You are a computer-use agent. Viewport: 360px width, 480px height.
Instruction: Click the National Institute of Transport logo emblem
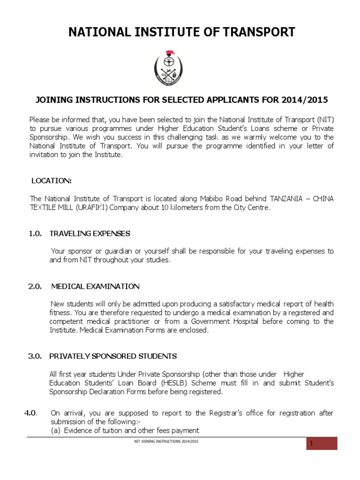pyautogui.click(x=167, y=67)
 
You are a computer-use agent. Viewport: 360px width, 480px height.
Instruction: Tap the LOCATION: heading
pyautogui.click(x=52, y=180)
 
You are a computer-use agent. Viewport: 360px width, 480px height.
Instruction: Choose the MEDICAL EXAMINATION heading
pyautogui.click(x=95, y=286)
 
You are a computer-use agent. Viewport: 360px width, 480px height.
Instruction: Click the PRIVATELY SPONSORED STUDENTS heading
pyautogui.click(x=113, y=356)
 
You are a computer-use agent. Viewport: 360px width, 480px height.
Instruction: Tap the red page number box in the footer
pyautogui.click(x=322, y=443)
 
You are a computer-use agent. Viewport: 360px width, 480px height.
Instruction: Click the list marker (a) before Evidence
pyautogui.click(x=56, y=430)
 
